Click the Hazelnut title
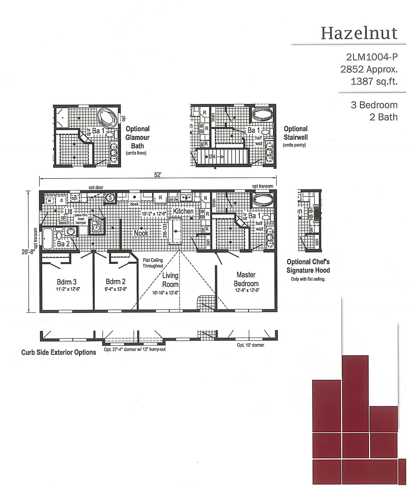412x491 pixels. pos(359,33)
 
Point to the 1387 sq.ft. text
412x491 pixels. pos(374,81)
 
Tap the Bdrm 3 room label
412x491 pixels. pos(67,281)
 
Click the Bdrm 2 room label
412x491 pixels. pos(116,281)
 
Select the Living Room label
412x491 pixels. pos(170,280)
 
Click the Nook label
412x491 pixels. pos(141,233)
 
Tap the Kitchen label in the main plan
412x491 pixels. pos(183,211)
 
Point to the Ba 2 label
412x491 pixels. pos(63,244)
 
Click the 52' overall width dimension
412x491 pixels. pos(158,174)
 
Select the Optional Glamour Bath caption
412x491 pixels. pos(138,138)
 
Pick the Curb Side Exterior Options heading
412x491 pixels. pos(58,352)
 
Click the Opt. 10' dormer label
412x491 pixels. pos(250,345)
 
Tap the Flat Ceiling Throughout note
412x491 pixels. pos(153,263)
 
